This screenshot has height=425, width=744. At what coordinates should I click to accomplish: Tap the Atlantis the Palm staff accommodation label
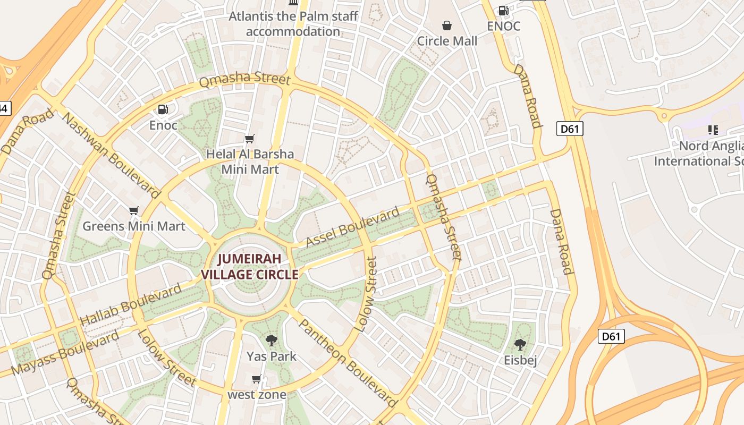(x=293, y=24)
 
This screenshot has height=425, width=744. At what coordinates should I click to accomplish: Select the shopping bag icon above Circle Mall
(x=447, y=25)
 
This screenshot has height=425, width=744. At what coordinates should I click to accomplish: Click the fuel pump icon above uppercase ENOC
(x=503, y=10)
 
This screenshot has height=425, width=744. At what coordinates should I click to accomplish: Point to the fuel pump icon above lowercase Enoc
(x=163, y=109)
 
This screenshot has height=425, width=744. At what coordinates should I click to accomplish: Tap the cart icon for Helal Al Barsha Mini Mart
(x=249, y=139)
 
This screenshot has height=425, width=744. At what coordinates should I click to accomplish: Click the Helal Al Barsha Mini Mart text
(x=250, y=161)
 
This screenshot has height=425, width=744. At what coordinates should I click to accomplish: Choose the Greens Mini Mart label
(x=133, y=226)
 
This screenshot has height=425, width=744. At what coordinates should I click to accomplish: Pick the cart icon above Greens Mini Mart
(x=133, y=211)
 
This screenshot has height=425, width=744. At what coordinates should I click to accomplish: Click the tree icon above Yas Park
(x=272, y=340)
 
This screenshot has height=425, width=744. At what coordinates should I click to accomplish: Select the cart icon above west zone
(x=257, y=379)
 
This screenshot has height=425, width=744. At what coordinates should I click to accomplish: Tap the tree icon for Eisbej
(x=520, y=345)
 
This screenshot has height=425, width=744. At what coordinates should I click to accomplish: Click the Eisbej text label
(x=520, y=361)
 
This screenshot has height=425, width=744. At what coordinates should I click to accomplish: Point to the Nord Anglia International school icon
(x=713, y=130)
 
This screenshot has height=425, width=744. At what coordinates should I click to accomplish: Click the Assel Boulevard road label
(x=352, y=227)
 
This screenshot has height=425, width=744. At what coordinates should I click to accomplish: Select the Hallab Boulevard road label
(x=130, y=305)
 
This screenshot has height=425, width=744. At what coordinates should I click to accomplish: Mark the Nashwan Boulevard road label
(x=111, y=155)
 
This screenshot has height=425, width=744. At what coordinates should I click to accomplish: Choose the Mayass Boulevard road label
(x=65, y=353)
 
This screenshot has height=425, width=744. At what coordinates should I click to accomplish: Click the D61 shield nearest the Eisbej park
(x=611, y=336)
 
